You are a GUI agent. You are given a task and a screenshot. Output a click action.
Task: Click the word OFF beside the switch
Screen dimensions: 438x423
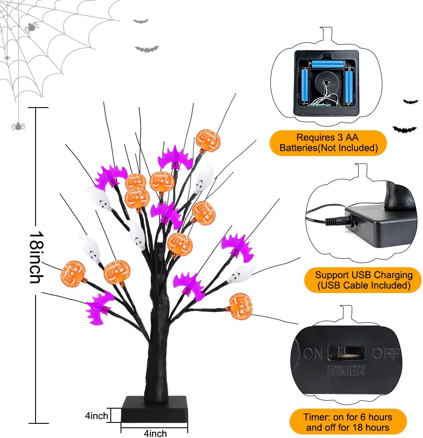click(385, 354)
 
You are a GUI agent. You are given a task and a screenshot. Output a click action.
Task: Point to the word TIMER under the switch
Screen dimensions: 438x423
click(346, 370)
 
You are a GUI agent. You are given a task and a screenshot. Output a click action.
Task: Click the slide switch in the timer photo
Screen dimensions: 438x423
click(346, 353)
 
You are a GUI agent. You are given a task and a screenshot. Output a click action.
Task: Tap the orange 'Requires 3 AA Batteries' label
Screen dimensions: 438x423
click(328, 143)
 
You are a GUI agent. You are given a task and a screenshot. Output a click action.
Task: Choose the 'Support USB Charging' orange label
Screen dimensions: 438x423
click(363, 280)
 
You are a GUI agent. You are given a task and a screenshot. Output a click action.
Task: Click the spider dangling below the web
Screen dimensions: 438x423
click(18, 126)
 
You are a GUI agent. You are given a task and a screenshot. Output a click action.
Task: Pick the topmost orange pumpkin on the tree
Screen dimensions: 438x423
click(208, 140)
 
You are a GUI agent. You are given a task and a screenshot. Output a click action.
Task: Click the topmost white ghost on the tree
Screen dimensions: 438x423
click(204, 176)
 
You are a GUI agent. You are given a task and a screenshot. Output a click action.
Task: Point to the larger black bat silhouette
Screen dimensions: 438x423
click(404, 129)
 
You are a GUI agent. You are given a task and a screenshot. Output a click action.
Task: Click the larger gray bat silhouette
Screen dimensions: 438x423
click(147, 49)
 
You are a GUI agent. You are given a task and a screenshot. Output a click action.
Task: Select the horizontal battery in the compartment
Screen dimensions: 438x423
click(327, 65)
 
